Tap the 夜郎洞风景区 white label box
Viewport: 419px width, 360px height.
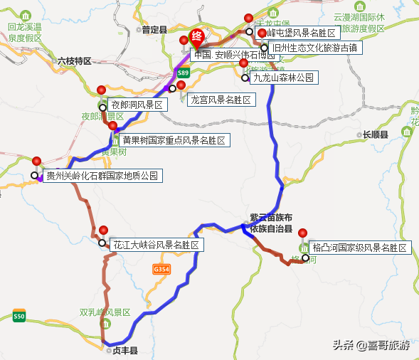pyautogui.click(x=138, y=105)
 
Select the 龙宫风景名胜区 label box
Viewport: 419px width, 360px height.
pyautogui.click(x=221, y=100)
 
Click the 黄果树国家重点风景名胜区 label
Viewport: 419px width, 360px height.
pyautogui.click(x=173, y=141)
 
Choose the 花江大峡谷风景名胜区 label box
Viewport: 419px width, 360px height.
pyautogui.click(x=156, y=245)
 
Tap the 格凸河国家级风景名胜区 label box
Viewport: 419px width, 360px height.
pyautogui.click(x=361, y=248)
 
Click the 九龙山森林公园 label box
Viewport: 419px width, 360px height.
pyautogui.click(x=283, y=78)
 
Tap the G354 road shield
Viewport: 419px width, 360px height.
pyautogui.click(x=161, y=270)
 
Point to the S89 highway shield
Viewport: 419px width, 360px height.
pyautogui.click(x=183, y=73)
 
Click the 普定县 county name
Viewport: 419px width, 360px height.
pyautogui.click(x=154, y=30)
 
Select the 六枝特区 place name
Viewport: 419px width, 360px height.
pyautogui.click(x=75, y=61)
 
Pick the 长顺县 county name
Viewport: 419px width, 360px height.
pyautogui.click(x=375, y=134)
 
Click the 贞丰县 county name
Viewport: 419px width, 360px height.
pyautogui.click(x=122, y=351)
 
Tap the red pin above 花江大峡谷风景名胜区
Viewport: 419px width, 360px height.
pyautogui.click(x=104, y=231)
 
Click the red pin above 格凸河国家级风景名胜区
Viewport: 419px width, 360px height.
pyautogui.click(x=302, y=233)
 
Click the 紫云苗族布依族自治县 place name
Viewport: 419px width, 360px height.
pyautogui.click(x=270, y=223)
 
